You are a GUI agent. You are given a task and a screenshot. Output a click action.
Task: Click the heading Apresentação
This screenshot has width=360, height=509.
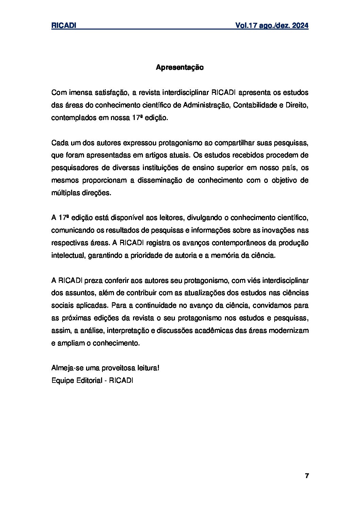point(180,68)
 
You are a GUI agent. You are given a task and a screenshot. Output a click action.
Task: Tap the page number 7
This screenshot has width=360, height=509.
point(307,476)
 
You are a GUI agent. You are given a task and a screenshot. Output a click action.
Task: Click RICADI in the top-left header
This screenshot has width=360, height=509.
point(63,26)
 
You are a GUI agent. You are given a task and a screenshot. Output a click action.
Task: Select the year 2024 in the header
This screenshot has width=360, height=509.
point(300,26)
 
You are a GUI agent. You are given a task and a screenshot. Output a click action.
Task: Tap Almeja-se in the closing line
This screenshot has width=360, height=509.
point(65,368)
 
